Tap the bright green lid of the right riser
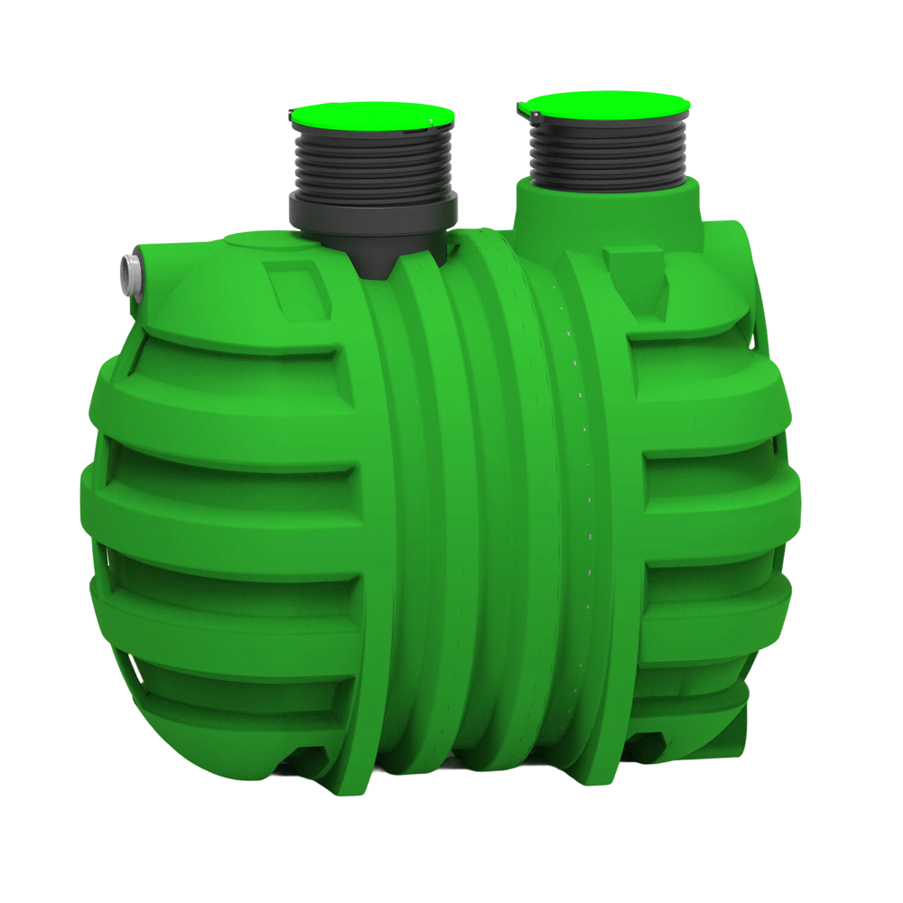(606, 106)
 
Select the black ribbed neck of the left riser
(373, 163)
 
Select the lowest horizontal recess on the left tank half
(244, 695)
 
